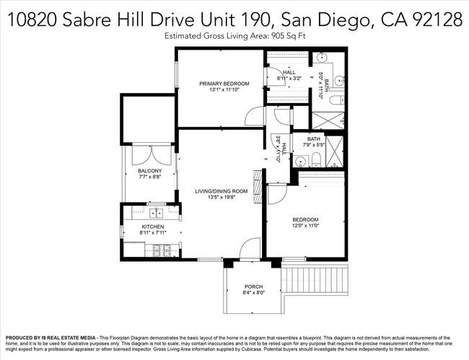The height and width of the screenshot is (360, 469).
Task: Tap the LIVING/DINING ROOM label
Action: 222,191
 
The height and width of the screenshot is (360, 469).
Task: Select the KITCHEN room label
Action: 152,227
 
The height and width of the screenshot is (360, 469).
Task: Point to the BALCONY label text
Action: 149,170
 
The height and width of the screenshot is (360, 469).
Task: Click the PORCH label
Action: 253,286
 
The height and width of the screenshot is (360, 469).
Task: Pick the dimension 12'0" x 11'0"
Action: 304,226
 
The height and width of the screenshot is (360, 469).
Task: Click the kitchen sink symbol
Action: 154,213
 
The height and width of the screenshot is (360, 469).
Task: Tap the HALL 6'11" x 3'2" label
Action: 289,75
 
